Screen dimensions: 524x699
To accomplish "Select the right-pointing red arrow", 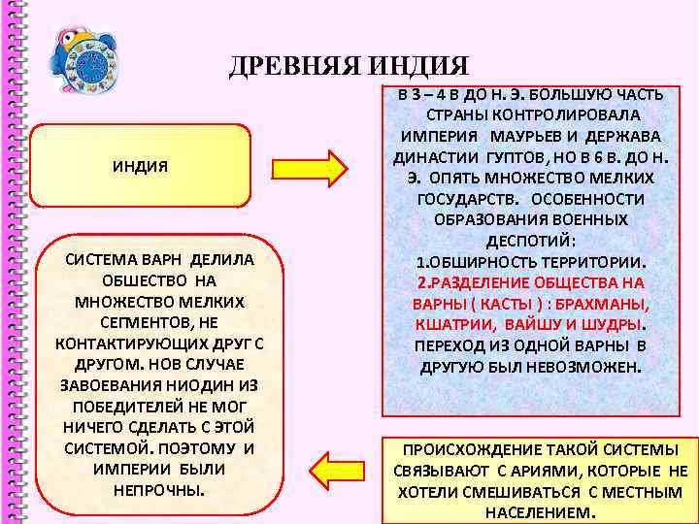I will pos(310,168).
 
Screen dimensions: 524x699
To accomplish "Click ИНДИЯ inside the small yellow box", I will pos(140,166).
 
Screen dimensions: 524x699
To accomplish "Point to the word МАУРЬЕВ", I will pos(531,136).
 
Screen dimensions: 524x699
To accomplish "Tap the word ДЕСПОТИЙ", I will pos(530,242).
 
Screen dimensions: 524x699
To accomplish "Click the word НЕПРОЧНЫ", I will pos(159,489).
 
